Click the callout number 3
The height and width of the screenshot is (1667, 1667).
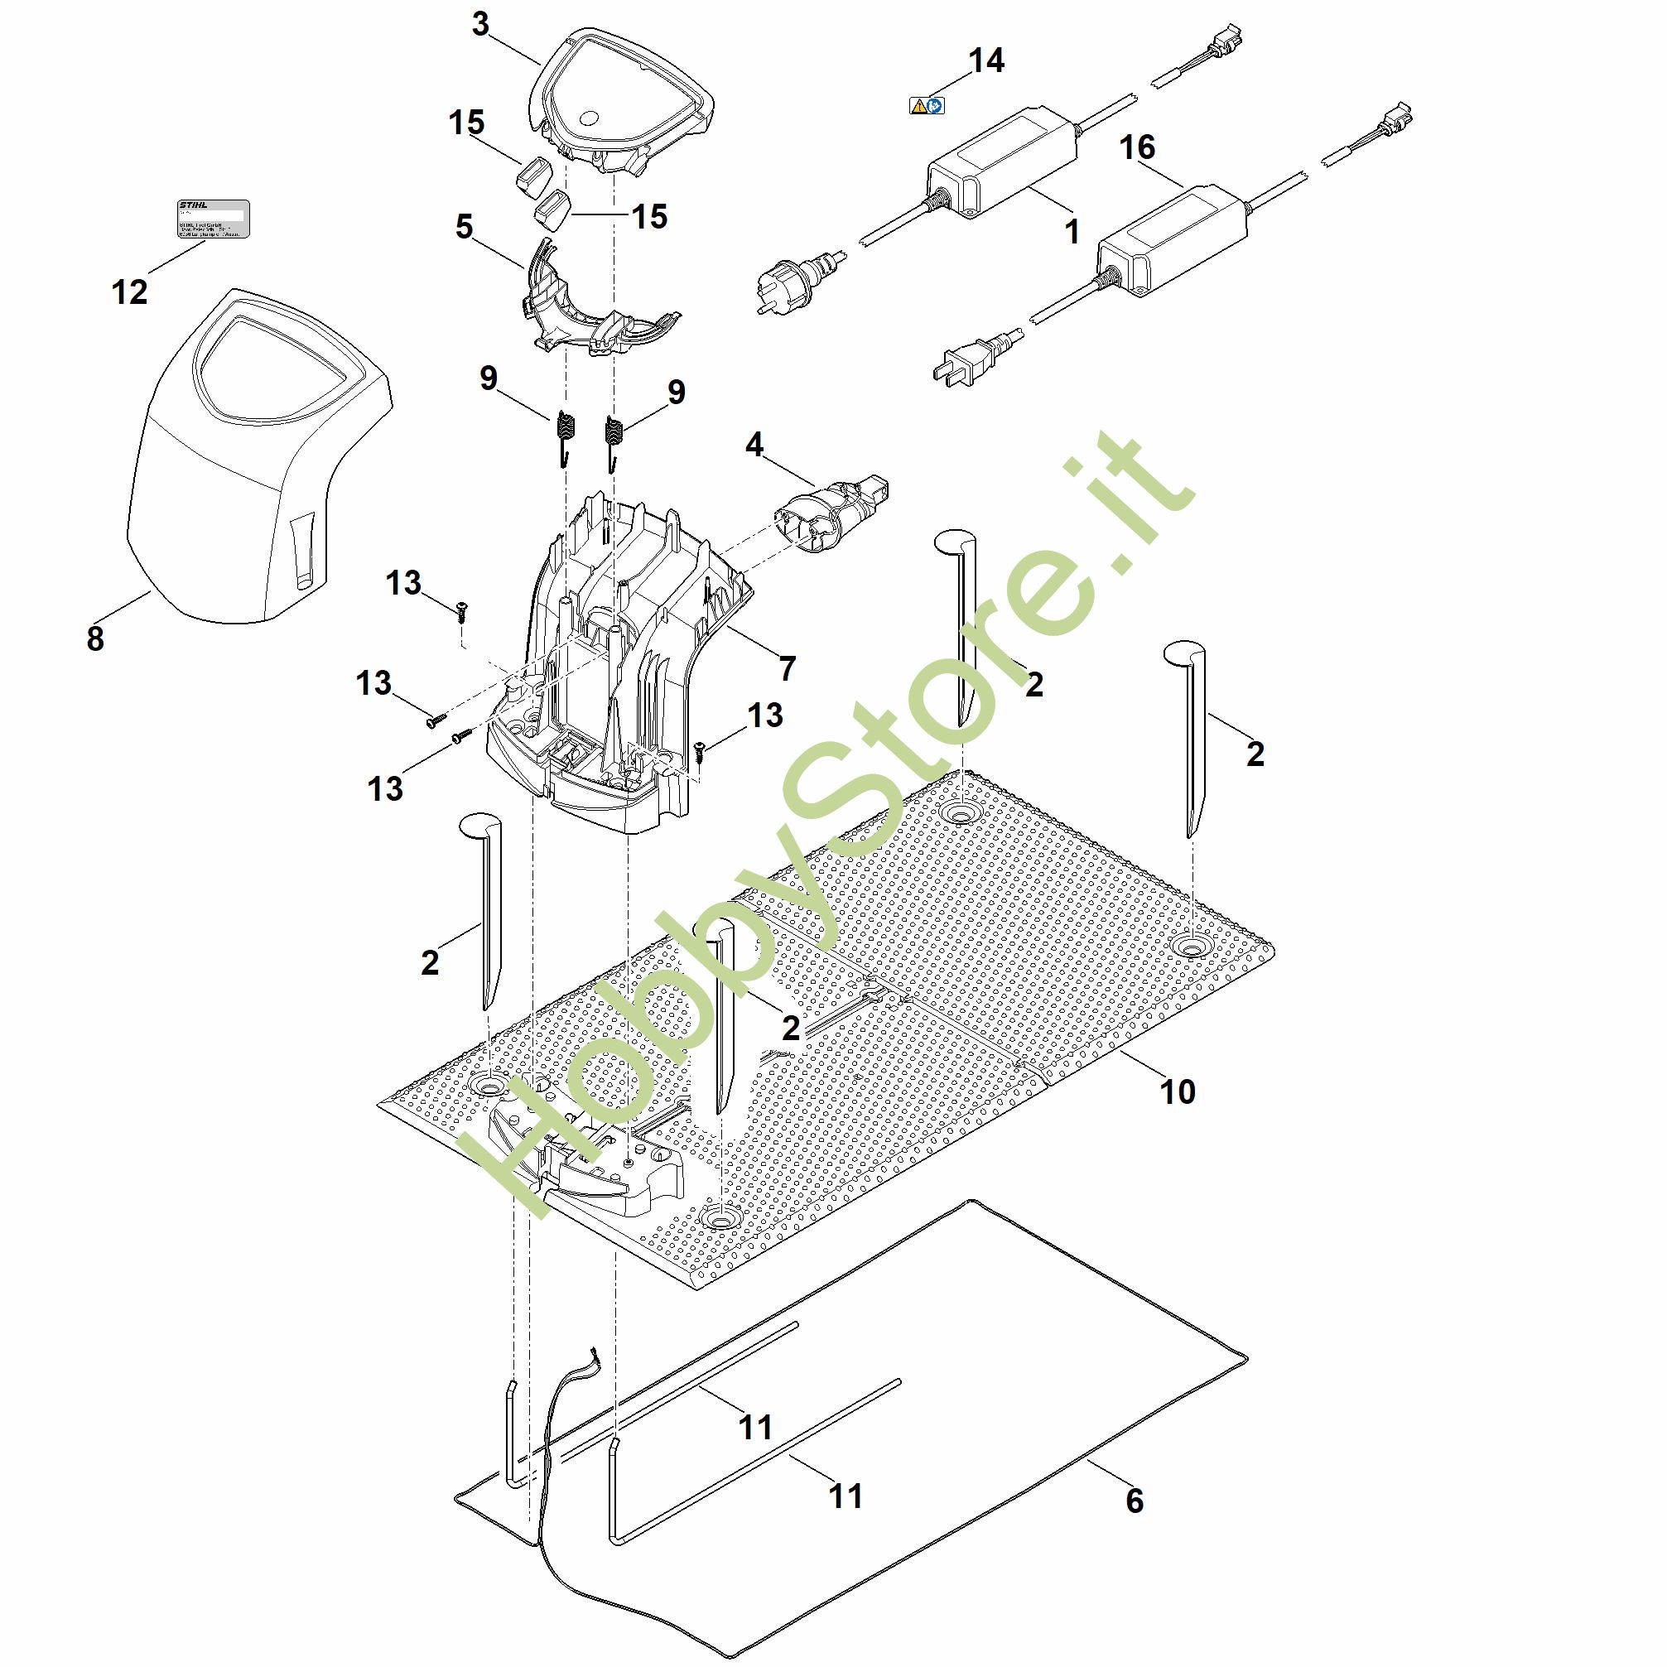480,25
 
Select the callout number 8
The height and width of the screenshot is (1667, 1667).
95,638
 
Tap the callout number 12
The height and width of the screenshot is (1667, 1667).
130,291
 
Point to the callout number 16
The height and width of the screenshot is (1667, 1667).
1136,147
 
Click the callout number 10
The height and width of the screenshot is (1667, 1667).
1177,1091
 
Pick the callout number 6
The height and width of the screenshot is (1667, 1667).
1135,1501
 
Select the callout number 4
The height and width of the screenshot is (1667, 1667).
754,446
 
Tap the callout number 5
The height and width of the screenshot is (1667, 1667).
465,228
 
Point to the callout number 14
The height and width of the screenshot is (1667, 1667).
986,61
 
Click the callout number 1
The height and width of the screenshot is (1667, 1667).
1072,231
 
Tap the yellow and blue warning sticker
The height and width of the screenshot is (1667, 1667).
927,106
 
